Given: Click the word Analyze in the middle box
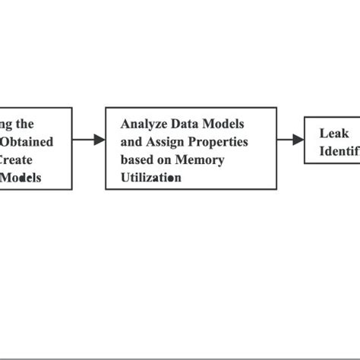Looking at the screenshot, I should tap(144, 123).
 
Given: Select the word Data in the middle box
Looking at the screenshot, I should tap(186, 123).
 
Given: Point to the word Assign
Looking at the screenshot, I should tap(169, 141).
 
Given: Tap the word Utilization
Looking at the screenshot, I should tap(152, 178).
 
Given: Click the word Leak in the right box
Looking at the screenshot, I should tap(333, 133).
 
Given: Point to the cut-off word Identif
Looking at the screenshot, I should tap(339, 151).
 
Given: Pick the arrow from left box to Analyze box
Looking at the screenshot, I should tap(88, 140).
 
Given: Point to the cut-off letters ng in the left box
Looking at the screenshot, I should tap(6, 123).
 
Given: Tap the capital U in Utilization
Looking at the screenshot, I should tap(125, 178).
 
